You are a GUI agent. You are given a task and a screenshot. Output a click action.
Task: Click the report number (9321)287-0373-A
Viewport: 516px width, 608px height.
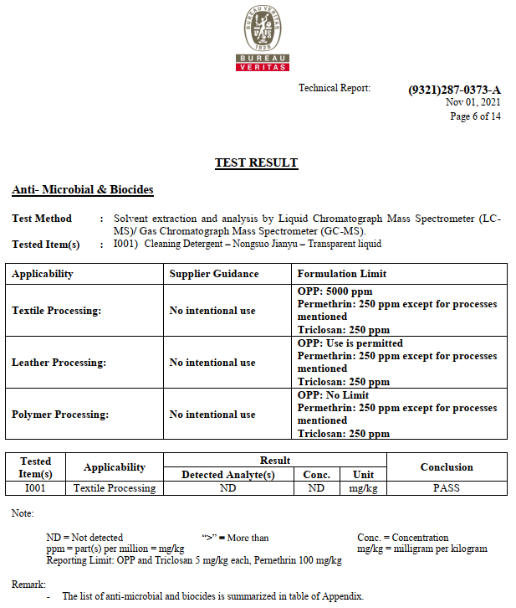pos(454,90)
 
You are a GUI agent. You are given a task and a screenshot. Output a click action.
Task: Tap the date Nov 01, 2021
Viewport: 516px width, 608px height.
pos(473,102)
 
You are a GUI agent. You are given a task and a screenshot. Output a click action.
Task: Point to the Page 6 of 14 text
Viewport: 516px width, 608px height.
pos(475,116)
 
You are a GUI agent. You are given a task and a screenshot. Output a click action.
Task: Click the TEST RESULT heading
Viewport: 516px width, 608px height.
pos(256,162)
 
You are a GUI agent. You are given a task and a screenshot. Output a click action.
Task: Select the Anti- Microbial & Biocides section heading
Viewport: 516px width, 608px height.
pos(82,190)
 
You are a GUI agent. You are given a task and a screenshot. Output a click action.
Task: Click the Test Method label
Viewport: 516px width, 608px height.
pos(42,219)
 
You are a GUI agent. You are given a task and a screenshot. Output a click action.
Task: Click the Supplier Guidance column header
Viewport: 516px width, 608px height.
pos(214,274)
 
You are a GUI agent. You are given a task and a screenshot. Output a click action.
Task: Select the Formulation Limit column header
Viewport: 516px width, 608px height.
pos(342,274)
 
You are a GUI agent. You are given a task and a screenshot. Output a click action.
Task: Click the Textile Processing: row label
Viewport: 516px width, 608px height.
pos(56,311)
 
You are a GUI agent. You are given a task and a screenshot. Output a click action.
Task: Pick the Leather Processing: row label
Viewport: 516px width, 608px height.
pos(59,363)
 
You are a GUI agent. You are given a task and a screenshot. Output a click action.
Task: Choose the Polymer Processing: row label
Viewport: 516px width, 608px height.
pos(60,415)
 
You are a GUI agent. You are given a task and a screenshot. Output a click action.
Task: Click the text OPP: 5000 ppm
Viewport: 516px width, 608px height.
pos(335,291)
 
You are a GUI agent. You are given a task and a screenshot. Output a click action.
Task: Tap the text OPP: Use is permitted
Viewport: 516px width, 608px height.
pos(350,343)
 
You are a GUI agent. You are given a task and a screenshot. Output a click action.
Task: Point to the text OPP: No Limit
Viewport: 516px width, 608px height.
pos(333,395)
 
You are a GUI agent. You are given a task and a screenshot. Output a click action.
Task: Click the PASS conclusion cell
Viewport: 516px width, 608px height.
pos(446,488)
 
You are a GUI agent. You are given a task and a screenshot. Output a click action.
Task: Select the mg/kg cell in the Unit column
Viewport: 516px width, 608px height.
pos(363,488)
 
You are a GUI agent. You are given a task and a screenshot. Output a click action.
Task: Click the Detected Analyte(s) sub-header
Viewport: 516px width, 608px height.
pos(228,475)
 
